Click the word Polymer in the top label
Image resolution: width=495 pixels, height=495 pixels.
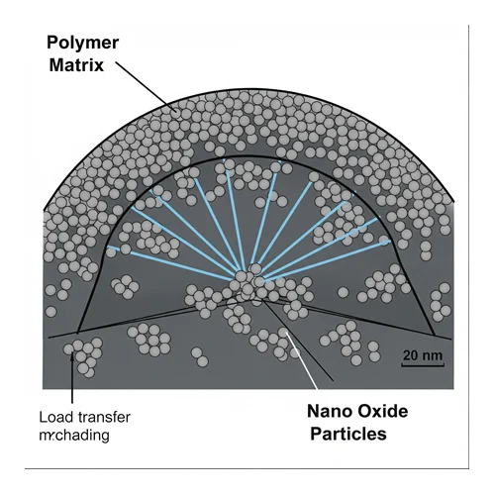coord(82,43)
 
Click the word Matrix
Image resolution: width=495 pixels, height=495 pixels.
coord(76,65)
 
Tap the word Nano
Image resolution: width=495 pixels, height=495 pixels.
coord(330,411)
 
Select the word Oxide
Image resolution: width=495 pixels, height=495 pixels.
coord(383,411)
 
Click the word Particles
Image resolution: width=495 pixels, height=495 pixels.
coord(348,434)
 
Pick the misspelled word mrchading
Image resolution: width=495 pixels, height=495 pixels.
coord(74,435)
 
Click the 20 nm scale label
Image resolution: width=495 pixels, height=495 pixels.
coord(423,355)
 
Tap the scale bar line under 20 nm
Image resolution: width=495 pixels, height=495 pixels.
coord(423,365)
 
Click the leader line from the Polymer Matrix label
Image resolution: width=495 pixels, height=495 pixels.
coord(147,87)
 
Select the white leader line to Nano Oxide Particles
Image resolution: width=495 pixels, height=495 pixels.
coord(302,360)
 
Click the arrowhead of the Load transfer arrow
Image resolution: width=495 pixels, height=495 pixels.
coord(72,354)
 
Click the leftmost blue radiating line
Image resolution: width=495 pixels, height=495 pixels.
coord(171,263)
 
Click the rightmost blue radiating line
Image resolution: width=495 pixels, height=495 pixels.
coord(328,261)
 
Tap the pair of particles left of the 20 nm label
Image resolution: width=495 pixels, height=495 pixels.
coord(374,351)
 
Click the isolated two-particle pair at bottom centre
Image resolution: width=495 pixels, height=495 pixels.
coord(200,356)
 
